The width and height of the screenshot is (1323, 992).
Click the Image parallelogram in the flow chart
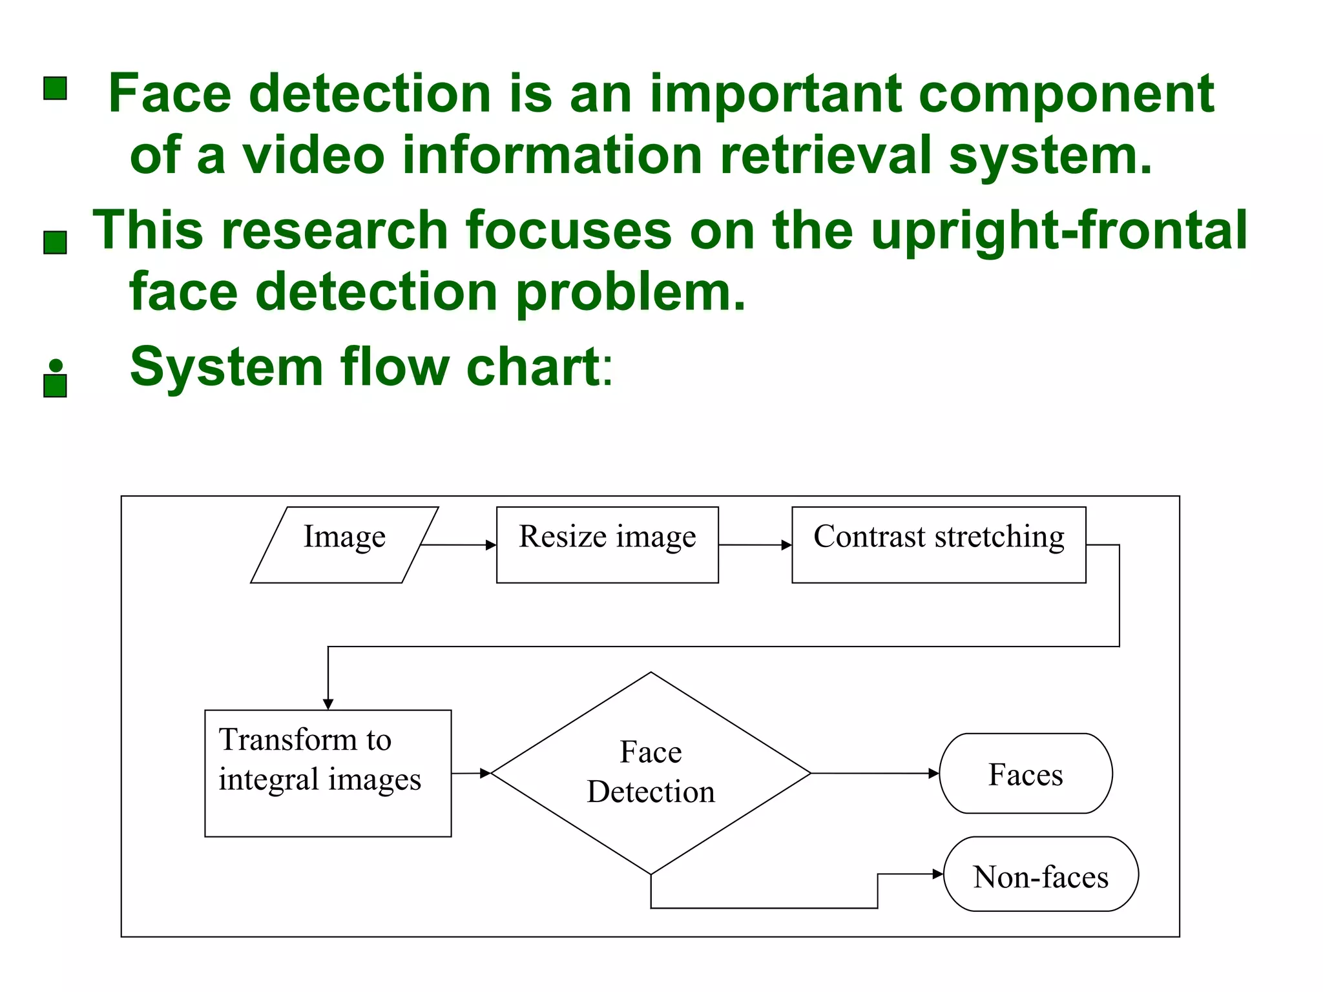[344, 544]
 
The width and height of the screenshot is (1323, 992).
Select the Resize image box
[607, 544]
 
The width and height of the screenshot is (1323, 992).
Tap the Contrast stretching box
[938, 544]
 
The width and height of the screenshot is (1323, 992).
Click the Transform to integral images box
[328, 773]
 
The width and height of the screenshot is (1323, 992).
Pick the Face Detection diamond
[651, 773]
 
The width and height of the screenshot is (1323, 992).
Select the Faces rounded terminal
[1025, 773]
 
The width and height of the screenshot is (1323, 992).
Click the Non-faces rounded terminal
[1041, 874]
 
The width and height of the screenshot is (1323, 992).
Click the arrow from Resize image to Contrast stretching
[754, 545]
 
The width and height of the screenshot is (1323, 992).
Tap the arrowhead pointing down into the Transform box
[328, 704]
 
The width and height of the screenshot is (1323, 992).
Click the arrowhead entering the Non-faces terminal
[938, 874]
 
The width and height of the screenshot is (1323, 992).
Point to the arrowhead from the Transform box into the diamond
[485, 773]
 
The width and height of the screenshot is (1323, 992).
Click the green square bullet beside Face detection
[56, 88]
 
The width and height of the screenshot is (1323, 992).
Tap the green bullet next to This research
[56, 243]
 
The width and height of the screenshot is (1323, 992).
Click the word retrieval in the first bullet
[825, 155]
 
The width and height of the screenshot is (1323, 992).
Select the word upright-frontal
[1059, 230]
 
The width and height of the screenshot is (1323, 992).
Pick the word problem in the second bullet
[630, 292]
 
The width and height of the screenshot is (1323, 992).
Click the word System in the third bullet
[226, 367]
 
